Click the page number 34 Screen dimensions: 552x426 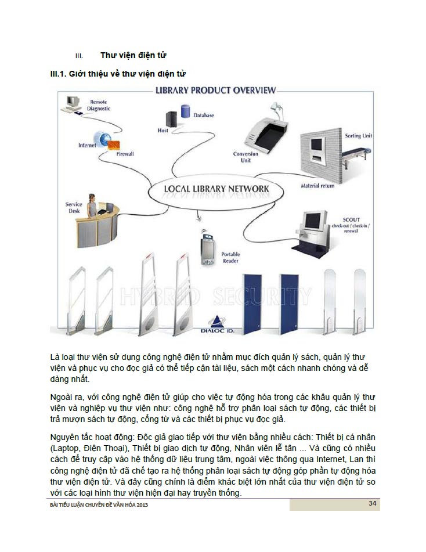tap(373, 503)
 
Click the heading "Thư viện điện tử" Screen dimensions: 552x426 tap(133, 56)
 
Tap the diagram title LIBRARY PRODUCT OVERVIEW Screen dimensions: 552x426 tap(216, 90)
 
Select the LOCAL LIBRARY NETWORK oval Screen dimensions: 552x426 tap(216, 189)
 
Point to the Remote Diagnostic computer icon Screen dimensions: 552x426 tap(72, 103)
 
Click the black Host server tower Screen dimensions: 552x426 tap(171, 119)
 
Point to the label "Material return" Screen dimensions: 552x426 tap(317, 186)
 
